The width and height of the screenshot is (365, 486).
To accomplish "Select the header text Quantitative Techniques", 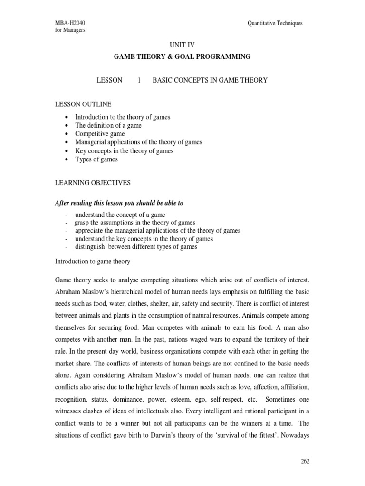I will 275,23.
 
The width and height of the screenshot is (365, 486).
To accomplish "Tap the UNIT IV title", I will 182,44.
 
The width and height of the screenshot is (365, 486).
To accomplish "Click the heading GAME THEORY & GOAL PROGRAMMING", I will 182,56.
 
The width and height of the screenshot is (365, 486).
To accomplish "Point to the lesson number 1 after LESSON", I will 139,80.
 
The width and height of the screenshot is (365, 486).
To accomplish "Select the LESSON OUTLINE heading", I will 83,104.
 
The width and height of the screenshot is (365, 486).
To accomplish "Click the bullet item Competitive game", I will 100,134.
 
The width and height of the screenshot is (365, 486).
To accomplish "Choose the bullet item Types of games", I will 96,159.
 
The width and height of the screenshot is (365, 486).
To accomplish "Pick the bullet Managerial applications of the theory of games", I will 138,142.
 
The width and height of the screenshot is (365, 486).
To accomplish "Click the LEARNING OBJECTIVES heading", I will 93,182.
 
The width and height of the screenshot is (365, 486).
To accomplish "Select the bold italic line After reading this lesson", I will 119,203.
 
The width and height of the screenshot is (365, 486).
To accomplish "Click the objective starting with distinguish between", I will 136,247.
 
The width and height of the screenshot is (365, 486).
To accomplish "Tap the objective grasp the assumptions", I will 134,222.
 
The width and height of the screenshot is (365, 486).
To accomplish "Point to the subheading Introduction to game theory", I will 93,262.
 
